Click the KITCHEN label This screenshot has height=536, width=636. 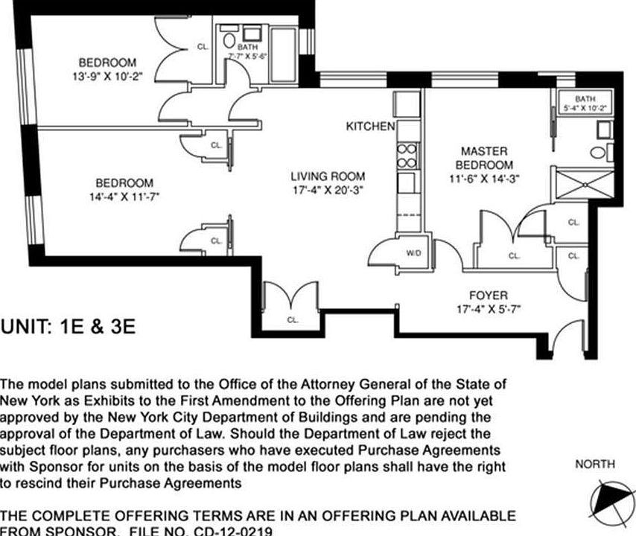pos(370,127)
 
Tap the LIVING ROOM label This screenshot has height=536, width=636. pos(328,176)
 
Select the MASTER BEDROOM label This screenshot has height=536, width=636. pos(483,158)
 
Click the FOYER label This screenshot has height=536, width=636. pos(488,295)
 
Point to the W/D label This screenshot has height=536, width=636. pos(413,253)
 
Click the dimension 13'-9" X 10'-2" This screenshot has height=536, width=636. pos(107,75)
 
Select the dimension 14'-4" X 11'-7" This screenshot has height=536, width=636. pos(124,197)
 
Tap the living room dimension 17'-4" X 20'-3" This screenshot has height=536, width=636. pos(328,190)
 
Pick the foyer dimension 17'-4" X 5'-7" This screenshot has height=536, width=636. pos(488,308)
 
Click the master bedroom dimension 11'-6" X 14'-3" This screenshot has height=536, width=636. pos(483,178)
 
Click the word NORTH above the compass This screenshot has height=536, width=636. pos(595,465)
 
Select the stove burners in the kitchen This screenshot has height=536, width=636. pos(407,156)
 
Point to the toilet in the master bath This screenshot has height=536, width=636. pos(598,153)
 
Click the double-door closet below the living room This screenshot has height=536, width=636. pos(291,302)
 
